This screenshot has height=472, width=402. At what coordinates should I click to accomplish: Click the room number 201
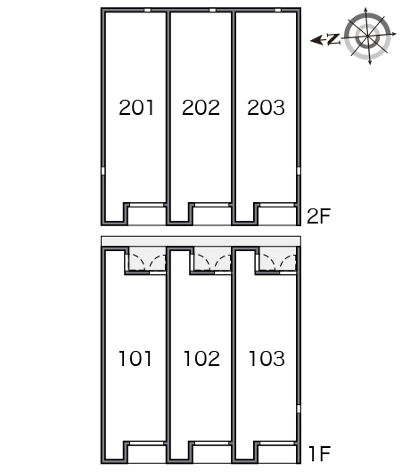pos(136,107)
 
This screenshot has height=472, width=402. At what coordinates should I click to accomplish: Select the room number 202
pos(201,107)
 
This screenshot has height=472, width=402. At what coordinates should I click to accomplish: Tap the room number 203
pos(266,107)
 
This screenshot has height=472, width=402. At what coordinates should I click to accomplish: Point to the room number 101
pos(135,358)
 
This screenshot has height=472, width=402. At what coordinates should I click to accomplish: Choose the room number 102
pos(201,358)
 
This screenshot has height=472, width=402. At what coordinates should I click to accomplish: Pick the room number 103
pos(267,358)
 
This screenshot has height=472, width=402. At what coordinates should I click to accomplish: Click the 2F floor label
pos(318,216)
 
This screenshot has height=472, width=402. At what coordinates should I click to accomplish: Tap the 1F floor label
pos(319,453)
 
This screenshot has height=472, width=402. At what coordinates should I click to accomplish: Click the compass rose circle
pos(367,37)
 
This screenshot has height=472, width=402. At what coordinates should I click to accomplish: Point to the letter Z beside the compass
pos(333,39)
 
